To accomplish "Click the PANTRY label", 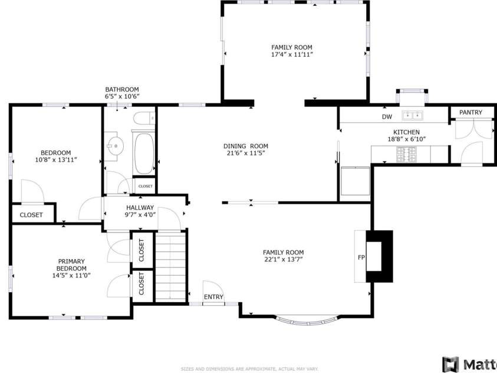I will (470, 112).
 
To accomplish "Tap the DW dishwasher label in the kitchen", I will (387, 117).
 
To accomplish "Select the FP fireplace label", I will (361, 258).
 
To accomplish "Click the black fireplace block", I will (379, 257).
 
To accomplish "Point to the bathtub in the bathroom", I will (144, 153).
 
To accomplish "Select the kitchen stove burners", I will (405, 155).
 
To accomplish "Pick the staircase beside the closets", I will (170, 267).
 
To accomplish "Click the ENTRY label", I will (213, 297).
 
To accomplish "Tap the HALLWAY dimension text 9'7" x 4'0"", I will (140, 215).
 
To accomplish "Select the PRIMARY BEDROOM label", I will (71, 264).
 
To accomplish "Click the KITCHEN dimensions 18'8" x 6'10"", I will (406, 140).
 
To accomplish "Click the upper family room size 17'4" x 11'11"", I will (291, 54).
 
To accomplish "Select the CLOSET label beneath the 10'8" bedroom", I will (31, 215).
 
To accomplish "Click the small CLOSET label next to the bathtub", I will (145, 186).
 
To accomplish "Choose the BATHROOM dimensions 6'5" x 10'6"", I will (122, 96).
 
